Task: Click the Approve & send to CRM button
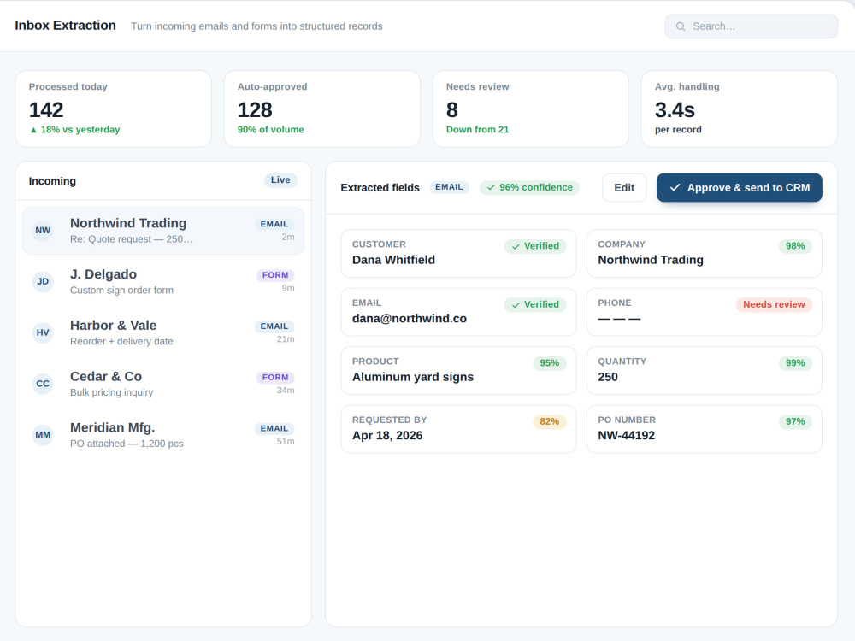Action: click(x=739, y=187)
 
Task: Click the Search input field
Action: click(x=751, y=26)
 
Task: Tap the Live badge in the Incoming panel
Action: click(x=280, y=179)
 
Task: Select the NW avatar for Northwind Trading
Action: click(x=43, y=231)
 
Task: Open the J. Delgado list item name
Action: click(x=103, y=274)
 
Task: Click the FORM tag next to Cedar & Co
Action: click(x=274, y=377)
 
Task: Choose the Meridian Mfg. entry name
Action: click(x=112, y=427)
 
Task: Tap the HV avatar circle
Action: click(x=43, y=332)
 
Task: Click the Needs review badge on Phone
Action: click(x=774, y=304)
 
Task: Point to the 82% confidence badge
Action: click(x=549, y=421)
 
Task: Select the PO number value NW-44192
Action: click(x=626, y=436)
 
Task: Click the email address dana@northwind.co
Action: click(x=410, y=318)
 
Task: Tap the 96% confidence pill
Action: click(x=529, y=187)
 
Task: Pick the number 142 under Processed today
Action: click(x=46, y=110)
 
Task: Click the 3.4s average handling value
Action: click(x=675, y=110)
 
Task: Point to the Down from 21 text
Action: click(x=477, y=130)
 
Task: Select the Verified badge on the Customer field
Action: click(x=535, y=246)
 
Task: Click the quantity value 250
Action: click(x=608, y=377)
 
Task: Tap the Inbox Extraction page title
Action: click(x=66, y=26)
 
